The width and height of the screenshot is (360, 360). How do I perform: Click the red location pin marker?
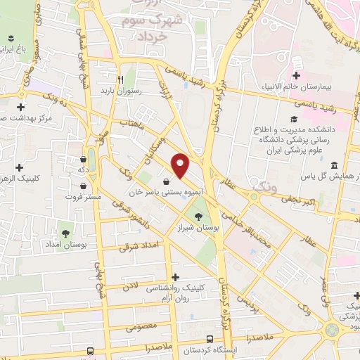[x=181, y=165]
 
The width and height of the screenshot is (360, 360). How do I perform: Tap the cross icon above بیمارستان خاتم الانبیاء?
[x=297, y=75]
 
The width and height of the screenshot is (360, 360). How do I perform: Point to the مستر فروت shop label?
[x=84, y=196]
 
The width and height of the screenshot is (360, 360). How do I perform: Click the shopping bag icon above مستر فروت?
[x=84, y=186]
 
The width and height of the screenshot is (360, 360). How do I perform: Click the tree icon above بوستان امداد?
[x=65, y=231]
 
